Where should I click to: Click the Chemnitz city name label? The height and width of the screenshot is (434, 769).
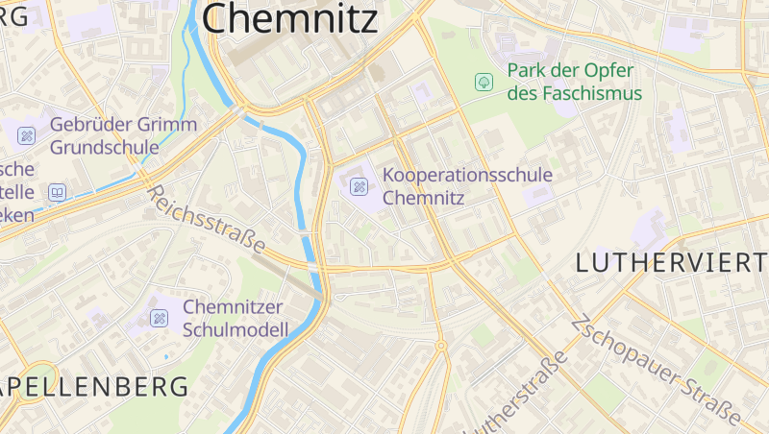coord(290,18)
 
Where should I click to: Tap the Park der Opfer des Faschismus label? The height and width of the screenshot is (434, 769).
coord(574,82)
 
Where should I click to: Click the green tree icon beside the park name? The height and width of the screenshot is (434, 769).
coord(484,82)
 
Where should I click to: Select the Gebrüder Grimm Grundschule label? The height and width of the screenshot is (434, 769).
coord(123,135)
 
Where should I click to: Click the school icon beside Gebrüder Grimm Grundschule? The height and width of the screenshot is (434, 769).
coord(26,135)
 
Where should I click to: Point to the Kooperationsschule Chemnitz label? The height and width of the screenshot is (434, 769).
coord(467,186)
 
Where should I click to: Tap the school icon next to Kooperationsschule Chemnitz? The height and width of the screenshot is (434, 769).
coord(360,186)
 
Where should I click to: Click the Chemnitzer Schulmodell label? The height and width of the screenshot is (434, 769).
coord(235,319)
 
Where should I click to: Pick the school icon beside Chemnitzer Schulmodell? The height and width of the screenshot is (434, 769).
coord(159,318)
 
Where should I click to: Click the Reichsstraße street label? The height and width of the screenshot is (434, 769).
coord(206,220)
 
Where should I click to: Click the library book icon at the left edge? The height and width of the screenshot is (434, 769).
coord(57,193)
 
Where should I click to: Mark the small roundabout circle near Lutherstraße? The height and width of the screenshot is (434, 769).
coord(440,346)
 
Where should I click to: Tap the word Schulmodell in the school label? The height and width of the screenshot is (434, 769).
coord(235,330)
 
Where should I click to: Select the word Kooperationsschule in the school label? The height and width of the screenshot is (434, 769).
coord(467,176)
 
